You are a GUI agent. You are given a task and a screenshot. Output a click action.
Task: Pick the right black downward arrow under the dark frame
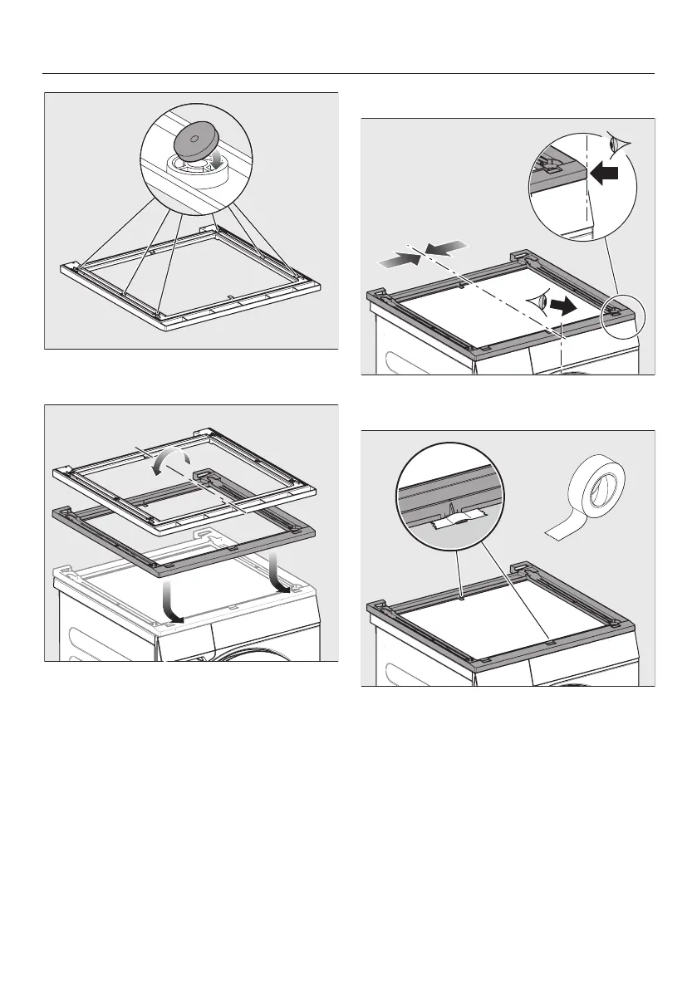[x=279, y=576]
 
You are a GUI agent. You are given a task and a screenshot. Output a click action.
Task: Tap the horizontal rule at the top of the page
[x=348, y=73]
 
